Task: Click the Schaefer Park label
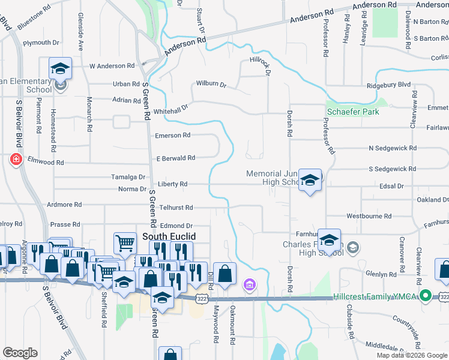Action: (x=353, y=112)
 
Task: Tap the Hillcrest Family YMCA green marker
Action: (x=426, y=295)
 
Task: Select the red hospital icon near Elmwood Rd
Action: (x=16, y=160)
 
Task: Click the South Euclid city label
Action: (x=169, y=236)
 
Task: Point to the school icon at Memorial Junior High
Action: (x=310, y=179)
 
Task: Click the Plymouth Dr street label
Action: (x=41, y=43)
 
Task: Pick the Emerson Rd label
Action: (x=172, y=136)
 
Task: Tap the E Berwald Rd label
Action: (x=176, y=158)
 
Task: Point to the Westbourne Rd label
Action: (x=369, y=216)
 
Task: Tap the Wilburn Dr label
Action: (x=210, y=84)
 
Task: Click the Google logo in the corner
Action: (x=20, y=353)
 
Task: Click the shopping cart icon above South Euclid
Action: (x=125, y=243)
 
